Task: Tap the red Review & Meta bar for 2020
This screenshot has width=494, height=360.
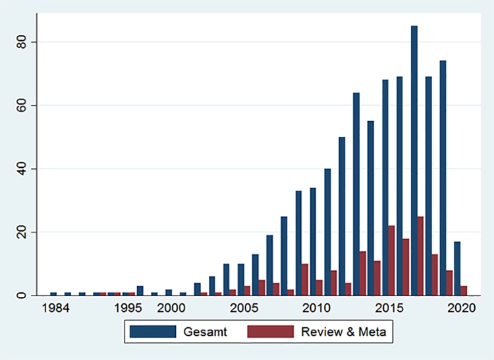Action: point(464,290)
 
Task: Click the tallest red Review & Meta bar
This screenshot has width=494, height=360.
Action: point(420,256)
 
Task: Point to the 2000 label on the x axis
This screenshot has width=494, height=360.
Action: point(170,308)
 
